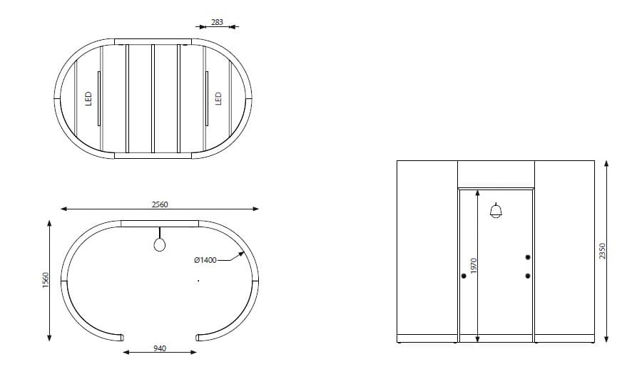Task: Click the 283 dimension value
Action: point(218,22)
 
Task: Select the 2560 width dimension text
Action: point(160,204)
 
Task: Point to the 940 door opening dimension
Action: point(160,348)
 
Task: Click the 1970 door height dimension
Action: point(471,267)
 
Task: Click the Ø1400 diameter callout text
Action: point(205,261)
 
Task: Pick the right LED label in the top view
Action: point(219,97)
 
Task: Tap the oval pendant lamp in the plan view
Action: point(160,244)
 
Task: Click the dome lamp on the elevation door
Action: point(496,211)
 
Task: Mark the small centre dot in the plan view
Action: point(198,281)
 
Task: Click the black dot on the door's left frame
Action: point(464,276)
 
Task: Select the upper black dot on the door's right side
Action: point(528,257)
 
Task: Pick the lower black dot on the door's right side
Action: point(528,276)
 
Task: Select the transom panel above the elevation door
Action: point(496,174)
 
